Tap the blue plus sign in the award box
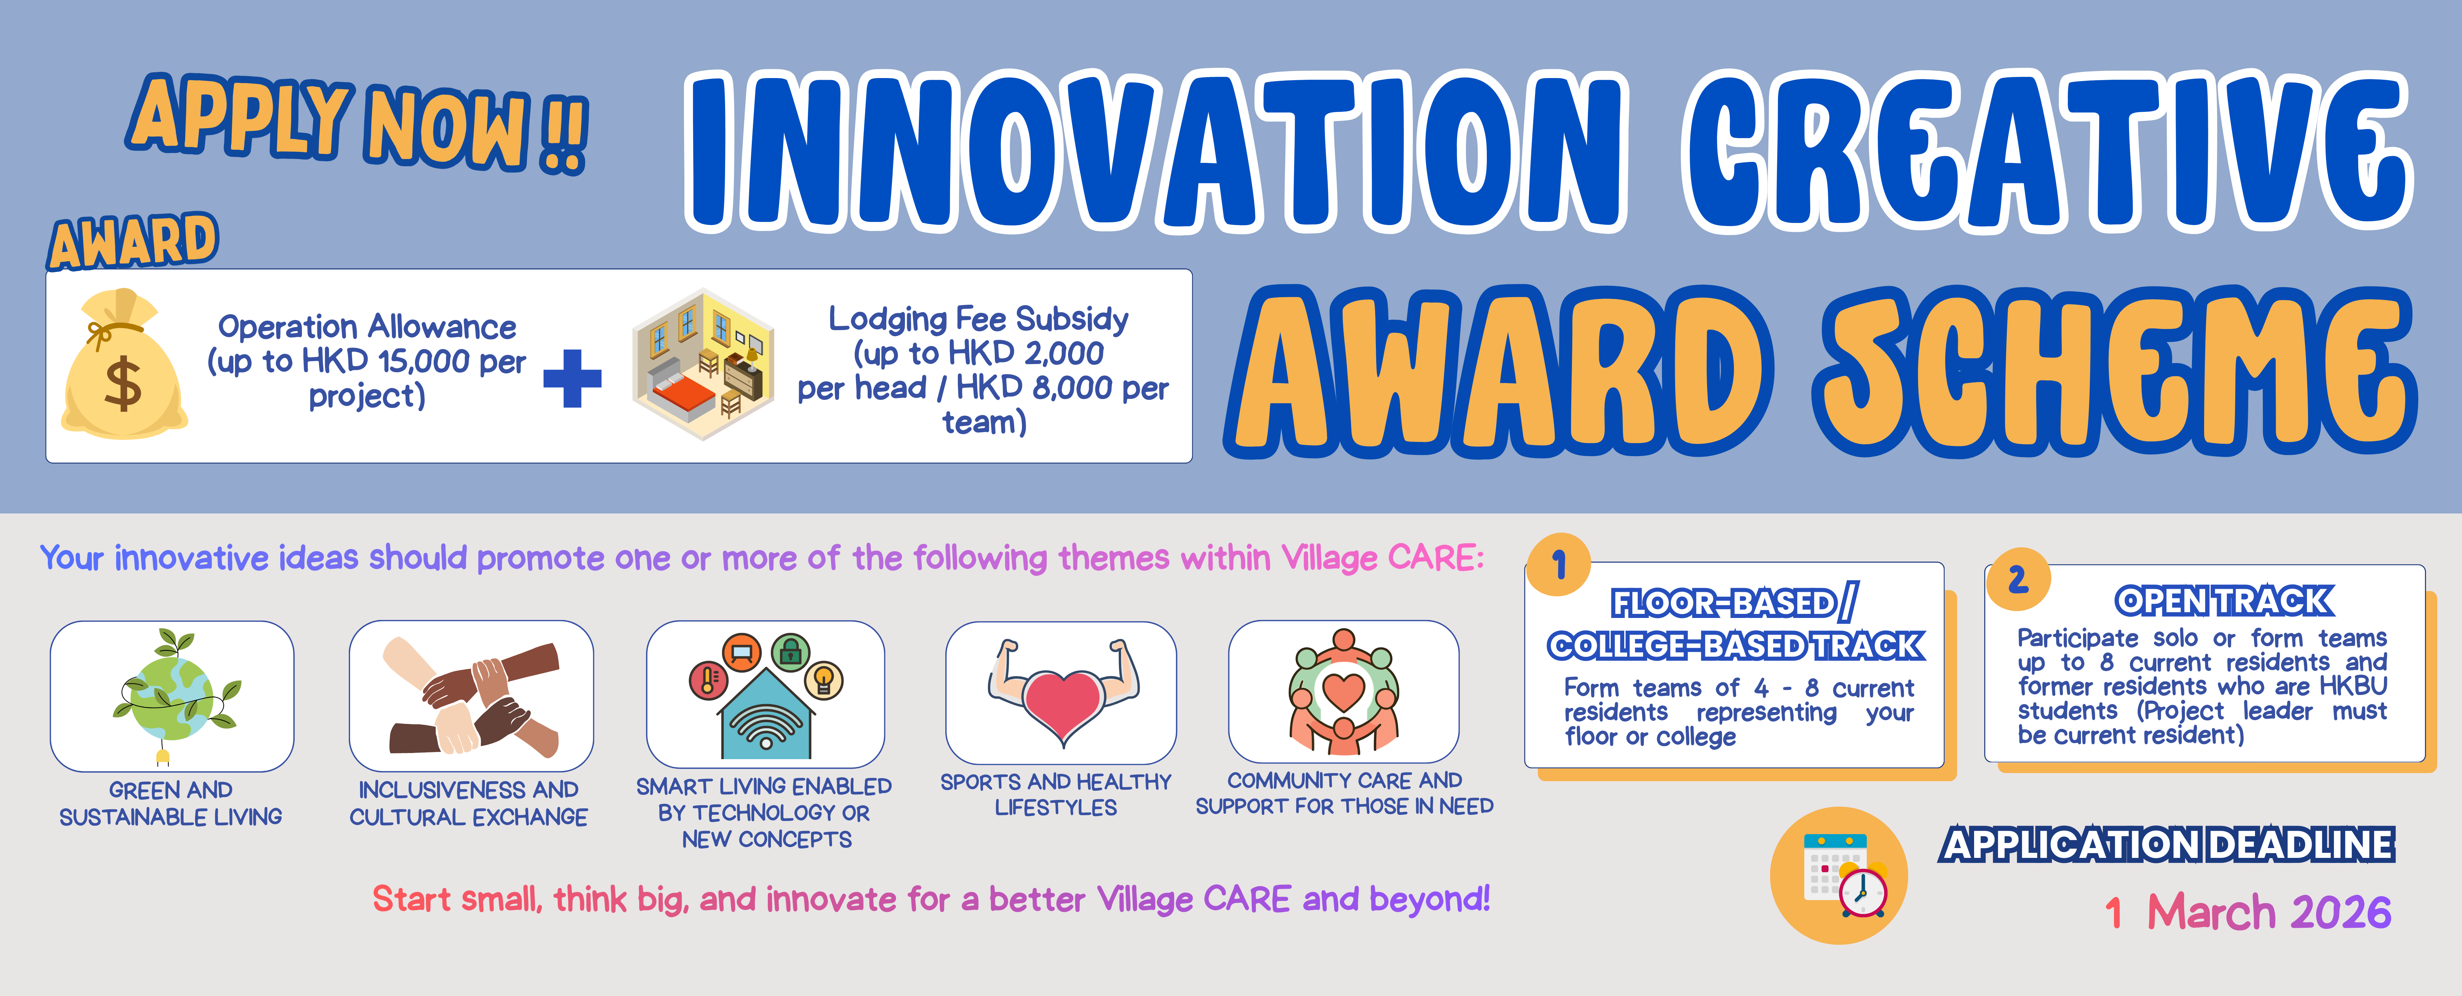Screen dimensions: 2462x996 [572, 378]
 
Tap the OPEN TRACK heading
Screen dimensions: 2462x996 [2224, 601]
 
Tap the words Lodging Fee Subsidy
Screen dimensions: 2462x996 [979, 318]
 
